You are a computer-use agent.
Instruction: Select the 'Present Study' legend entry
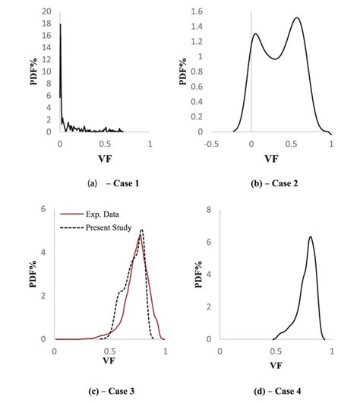pyautogui.click(x=107, y=227)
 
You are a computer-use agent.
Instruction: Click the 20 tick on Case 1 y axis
pyautogui.click(x=48, y=12)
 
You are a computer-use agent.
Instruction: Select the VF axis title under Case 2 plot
pyautogui.click(x=271, y=160)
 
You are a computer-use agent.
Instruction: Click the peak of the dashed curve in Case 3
pyautogui.click(x=141, y=230)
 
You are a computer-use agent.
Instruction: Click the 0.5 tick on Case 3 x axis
pyautogui.click(x=109, y=352)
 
